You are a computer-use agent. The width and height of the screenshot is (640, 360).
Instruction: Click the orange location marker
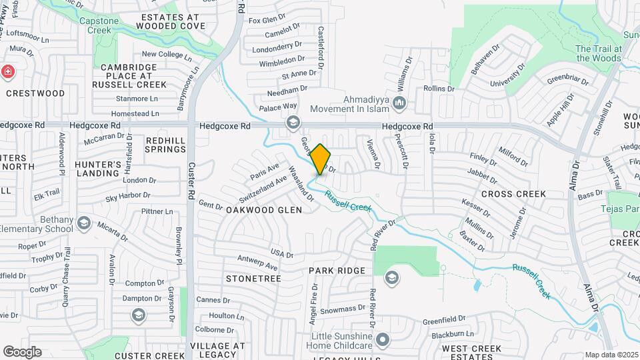pyautogui.click(x=320, y=159)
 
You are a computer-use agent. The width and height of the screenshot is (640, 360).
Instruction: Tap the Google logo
pyautogui.click(x=22, y=351)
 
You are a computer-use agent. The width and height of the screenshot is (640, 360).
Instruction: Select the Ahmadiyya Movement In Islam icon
pyautogui.click(x=400, y=103)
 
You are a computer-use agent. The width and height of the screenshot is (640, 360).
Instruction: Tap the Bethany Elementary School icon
pyautogui.click(x=83, y=223)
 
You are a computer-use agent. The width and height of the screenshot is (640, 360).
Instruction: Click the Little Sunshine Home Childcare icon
pyautogui.click(x=382, y=340)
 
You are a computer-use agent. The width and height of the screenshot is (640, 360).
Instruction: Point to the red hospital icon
pyautogui.click(x=7, y=71)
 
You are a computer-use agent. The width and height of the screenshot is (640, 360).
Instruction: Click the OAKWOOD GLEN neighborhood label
pyautogui.click(x=263, y=210)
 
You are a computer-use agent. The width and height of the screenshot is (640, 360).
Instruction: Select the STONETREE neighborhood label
pyautogui.click(x=253, y=277)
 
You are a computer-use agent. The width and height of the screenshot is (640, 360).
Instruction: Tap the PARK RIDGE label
pyautogui.click(x=337, y=271)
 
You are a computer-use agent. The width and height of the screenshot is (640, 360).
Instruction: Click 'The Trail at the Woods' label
pyautogui.click(x=599, y=53)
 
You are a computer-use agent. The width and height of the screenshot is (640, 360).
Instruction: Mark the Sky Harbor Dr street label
pyautogui.click(x=130, y=197)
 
